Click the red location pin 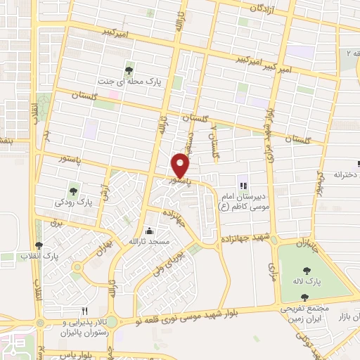(181, 165)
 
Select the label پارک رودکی (74, 202)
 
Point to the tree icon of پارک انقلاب (38, 245)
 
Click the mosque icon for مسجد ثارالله (148, 231)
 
